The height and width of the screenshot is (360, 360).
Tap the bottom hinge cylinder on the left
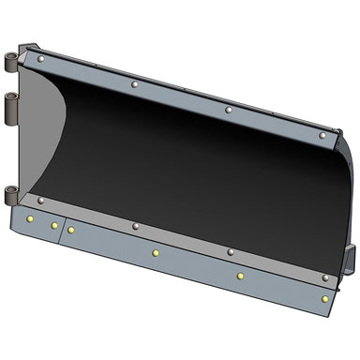(11, 194)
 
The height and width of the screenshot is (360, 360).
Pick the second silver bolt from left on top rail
(134, 85)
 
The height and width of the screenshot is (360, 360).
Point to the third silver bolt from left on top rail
(229, 110)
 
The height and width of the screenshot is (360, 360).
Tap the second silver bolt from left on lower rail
(135, 226)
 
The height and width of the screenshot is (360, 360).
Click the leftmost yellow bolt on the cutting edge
(30, 218)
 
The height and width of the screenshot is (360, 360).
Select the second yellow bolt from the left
(53, 225)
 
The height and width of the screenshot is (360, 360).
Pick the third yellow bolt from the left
(70, 230)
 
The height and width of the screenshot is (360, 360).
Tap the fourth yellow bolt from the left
(155, 252)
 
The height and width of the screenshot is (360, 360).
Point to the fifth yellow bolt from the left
(240, 276)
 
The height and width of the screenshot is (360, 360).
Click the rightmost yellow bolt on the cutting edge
(325, 299)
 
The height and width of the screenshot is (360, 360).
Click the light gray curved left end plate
(42, 131)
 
